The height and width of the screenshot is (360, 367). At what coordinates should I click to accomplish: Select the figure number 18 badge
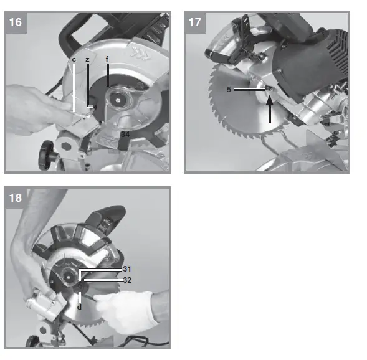[16, 198]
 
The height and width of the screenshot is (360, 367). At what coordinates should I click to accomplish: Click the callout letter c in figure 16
[74, 59]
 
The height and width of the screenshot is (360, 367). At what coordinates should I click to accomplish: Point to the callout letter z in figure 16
[88, 59]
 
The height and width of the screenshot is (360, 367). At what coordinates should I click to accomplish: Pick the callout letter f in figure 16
[107, 59]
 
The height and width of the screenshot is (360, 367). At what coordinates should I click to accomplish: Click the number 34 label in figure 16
[125, 133]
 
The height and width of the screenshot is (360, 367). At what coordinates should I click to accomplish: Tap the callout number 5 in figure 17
[229, 89]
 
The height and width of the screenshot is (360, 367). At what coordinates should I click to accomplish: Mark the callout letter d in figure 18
[80, 306]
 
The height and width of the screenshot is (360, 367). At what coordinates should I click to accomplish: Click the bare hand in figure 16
[37, 103]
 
